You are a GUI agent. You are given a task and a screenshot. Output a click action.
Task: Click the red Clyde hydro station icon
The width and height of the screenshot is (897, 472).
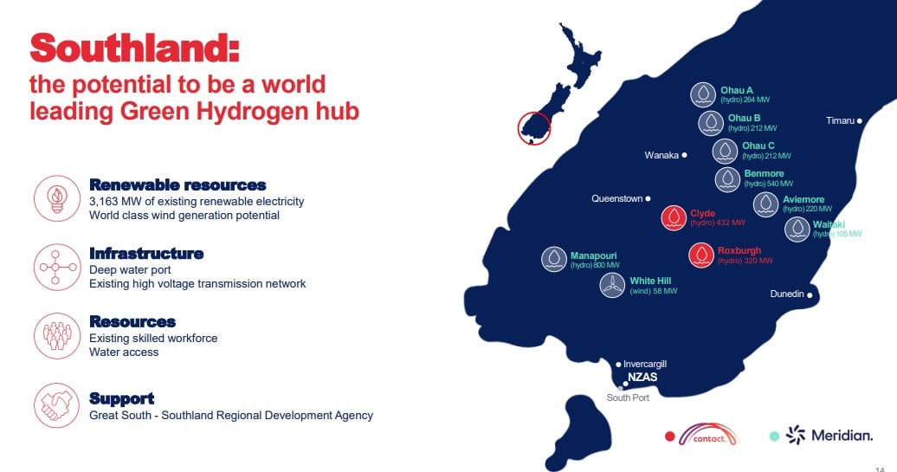674,218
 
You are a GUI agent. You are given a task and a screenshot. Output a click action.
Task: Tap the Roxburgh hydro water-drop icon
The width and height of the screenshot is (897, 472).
701,255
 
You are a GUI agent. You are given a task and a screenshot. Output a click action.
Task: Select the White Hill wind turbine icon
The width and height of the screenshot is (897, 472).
612,285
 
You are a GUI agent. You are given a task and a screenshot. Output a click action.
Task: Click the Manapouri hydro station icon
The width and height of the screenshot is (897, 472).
554,259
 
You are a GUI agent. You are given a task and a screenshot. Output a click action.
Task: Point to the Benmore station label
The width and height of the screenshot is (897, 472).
764,173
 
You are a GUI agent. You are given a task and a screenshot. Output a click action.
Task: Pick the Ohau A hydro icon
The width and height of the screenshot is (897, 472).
703,94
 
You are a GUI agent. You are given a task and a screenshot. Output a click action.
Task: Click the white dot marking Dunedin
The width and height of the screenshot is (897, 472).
810,295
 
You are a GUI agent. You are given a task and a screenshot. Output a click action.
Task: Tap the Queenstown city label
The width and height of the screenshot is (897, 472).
616,198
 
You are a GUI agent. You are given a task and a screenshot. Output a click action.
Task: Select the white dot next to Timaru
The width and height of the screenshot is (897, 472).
859,120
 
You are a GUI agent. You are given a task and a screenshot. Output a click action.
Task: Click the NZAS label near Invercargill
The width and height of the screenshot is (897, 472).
642,377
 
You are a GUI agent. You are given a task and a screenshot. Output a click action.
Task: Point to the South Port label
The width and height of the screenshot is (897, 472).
628,398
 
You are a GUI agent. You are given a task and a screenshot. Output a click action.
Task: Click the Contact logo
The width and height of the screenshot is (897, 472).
708,435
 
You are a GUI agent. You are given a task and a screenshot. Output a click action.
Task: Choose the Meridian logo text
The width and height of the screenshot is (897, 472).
842,436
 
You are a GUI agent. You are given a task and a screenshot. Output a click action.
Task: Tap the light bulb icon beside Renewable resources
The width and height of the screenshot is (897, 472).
56,198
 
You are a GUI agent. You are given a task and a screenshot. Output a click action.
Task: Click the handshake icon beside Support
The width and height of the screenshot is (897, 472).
56,405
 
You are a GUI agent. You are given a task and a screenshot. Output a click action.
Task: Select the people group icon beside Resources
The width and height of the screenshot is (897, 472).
56,336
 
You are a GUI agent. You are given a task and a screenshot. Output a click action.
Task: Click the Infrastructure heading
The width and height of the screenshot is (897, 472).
146,254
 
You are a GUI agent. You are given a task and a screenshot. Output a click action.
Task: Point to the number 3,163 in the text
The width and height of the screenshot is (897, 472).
104,202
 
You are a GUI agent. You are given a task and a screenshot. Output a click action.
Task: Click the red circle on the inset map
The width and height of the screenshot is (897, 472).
533,128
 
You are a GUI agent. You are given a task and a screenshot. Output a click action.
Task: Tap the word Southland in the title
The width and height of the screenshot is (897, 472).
134,48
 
